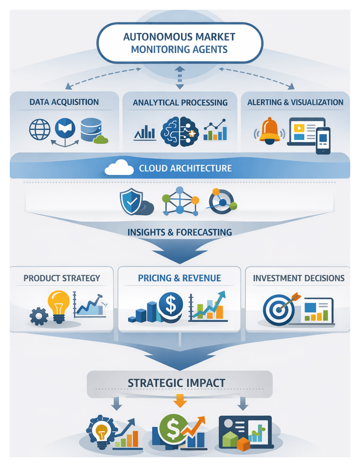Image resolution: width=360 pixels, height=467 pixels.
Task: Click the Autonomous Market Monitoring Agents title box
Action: tap(180, 43)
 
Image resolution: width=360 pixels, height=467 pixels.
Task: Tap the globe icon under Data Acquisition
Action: tap(40, 129)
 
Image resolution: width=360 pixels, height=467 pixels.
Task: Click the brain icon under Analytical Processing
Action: tap(177, 131)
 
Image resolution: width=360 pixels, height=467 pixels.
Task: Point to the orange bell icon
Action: tap(270, 130)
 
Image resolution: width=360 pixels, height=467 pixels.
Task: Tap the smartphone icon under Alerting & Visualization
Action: tap(322, 141)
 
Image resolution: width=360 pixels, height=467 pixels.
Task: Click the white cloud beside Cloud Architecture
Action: tap(119, 168)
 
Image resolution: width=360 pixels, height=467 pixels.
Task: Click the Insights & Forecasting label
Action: tap(180, 232)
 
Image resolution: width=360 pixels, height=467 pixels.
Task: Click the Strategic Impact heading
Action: tap(180, 383)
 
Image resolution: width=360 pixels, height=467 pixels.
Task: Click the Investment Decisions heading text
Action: tap(299, 278)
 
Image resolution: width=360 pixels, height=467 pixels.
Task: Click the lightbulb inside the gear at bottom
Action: tap(102, 431)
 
